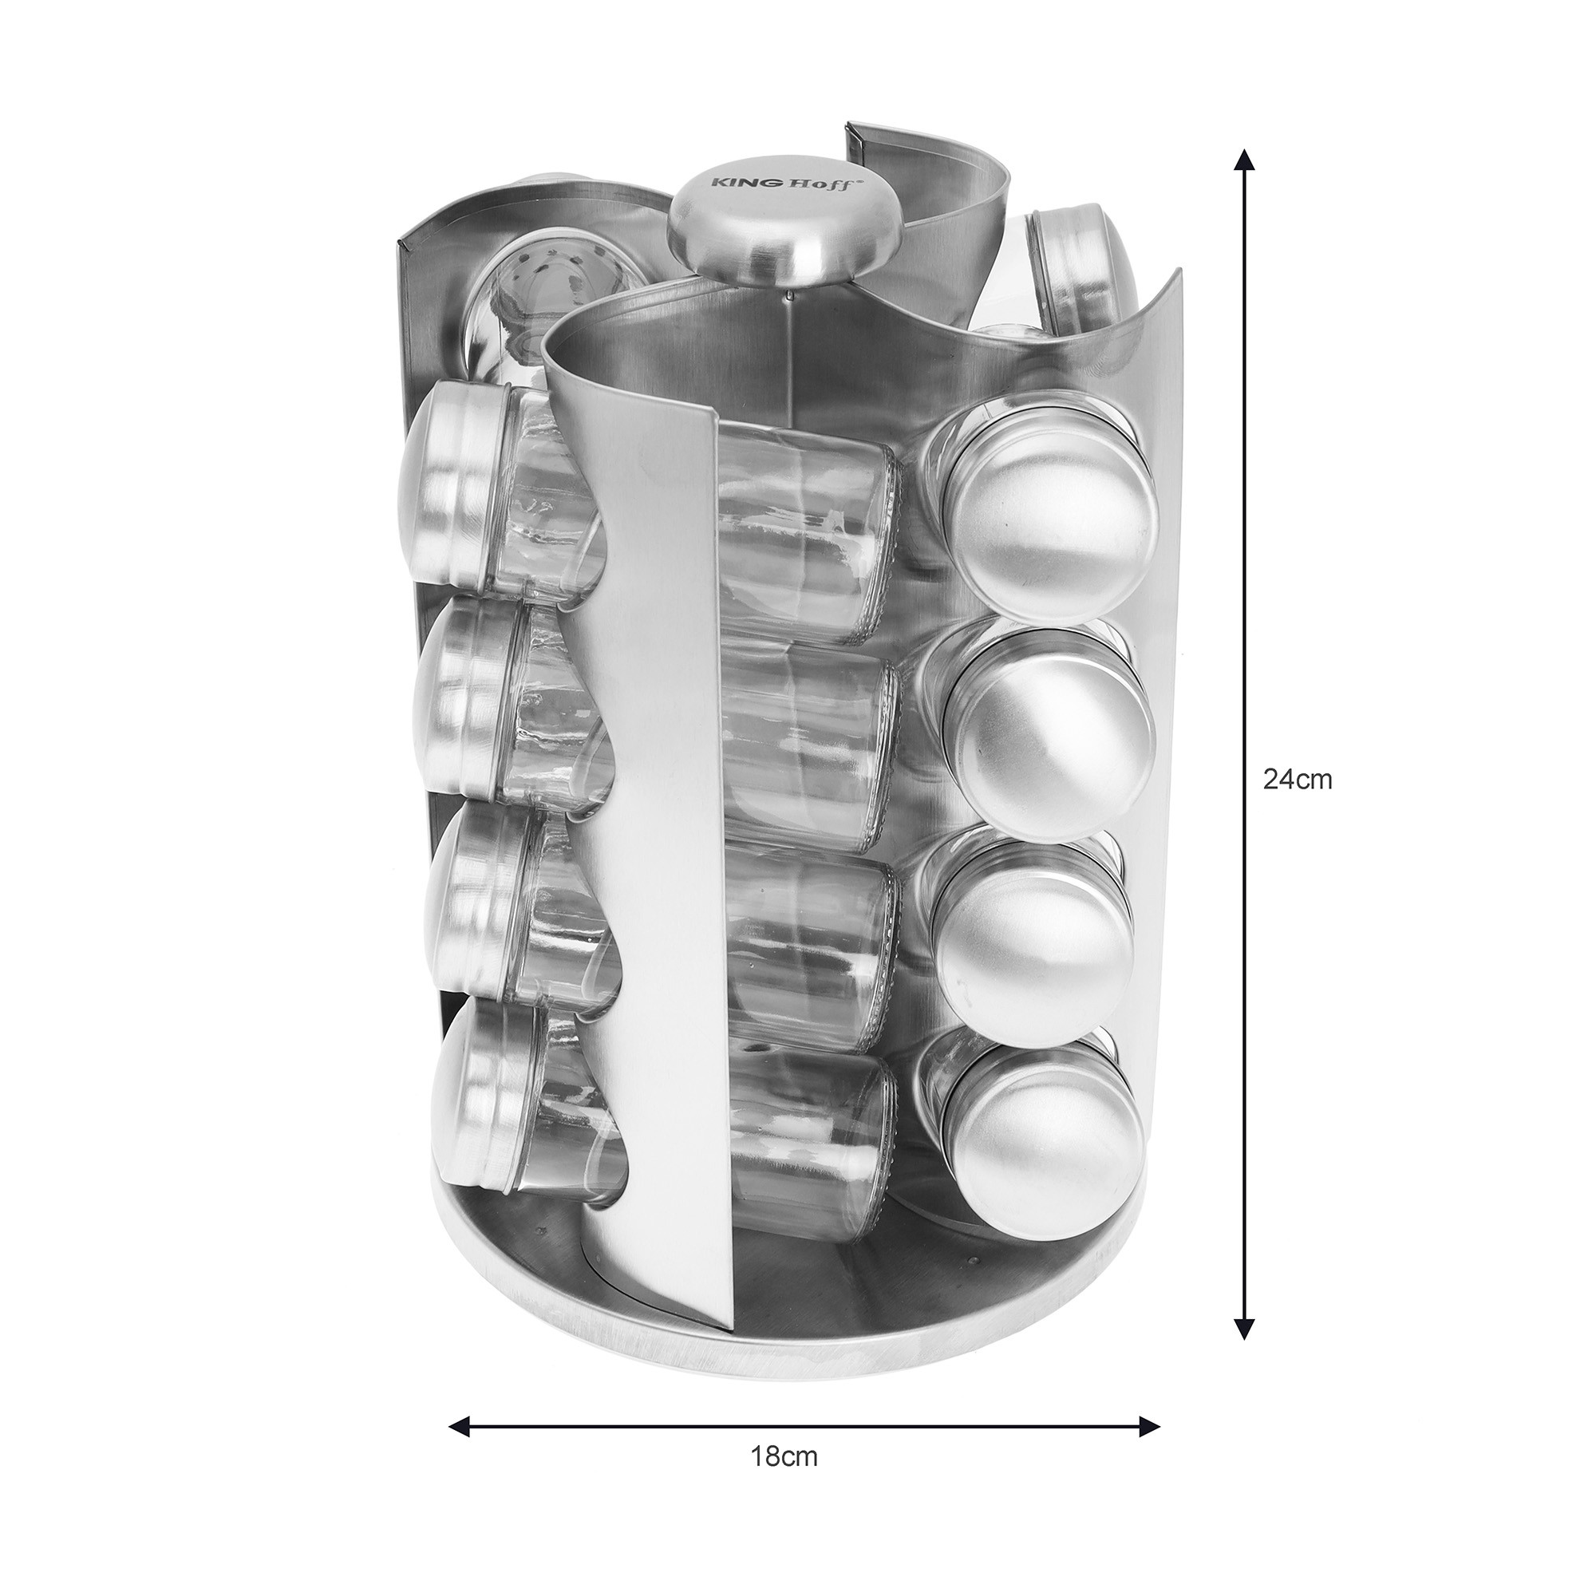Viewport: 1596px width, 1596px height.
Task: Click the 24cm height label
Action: [x=1298, y=779]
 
